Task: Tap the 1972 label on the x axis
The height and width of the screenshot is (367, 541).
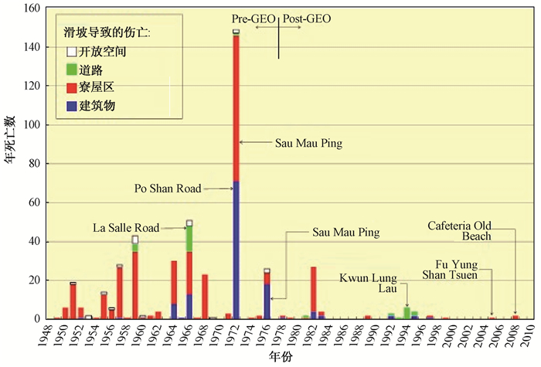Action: pyautogui.click(x=235, y=334)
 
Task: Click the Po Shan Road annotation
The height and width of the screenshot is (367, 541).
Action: pyautogui.click(x=168, y=188)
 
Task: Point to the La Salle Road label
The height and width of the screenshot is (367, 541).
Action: pyautogui.click(x=125, y=227)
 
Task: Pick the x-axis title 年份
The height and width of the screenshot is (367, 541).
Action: pyautogui.click(x=279, y=357)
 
